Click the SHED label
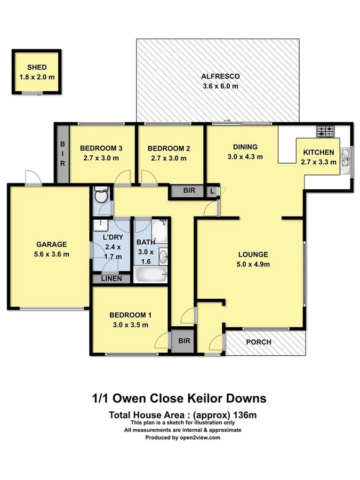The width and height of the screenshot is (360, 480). (37, 68)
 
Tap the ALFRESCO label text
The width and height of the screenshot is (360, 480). (220, 76)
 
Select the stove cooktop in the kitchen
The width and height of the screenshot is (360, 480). (324, 130)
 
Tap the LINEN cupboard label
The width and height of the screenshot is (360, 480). (111, 278)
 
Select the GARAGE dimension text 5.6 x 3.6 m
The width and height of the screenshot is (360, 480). (51, 254)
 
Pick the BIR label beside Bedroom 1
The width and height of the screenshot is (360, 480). (185, 340)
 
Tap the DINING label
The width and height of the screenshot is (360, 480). (245, 147)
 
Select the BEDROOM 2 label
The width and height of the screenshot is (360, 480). (169, 148)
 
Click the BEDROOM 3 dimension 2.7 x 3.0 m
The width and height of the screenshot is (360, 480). (101, 158)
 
